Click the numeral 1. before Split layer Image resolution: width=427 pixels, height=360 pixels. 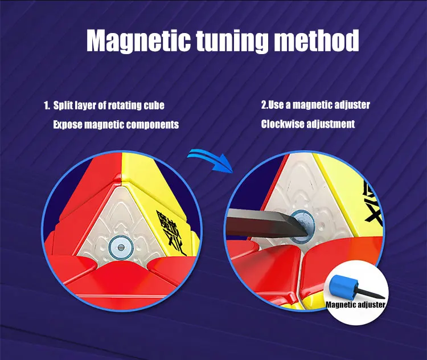tap(47, 105)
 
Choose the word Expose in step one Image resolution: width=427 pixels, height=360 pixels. tap(68, 124)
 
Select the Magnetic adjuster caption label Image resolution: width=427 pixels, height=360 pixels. tap(356, 305)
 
